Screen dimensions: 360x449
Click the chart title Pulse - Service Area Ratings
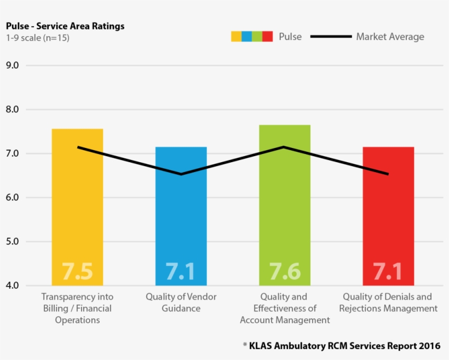tap(65, 26)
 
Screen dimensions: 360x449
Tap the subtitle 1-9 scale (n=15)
tap(38, 38)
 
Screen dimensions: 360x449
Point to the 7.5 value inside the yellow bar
tap(77, 272)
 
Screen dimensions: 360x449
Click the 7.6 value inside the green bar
tap(285, 272)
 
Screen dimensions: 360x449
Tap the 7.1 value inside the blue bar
tap(181, 272)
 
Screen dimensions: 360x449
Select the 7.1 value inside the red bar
tap(388, 272)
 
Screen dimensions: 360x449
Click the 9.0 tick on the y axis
tap(12, 65)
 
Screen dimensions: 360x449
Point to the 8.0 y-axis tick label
tap(12, 110)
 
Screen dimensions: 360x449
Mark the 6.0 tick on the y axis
tap(12, 197)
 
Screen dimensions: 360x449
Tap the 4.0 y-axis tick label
tap(12, 285)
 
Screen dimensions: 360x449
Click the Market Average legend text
tap(390, 37)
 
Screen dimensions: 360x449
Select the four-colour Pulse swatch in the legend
tap(252, 37)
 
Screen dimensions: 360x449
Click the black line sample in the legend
tap(331, 37)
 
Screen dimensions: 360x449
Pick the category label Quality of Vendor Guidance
tap(181, 302)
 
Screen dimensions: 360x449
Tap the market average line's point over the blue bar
tap(181, 174)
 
